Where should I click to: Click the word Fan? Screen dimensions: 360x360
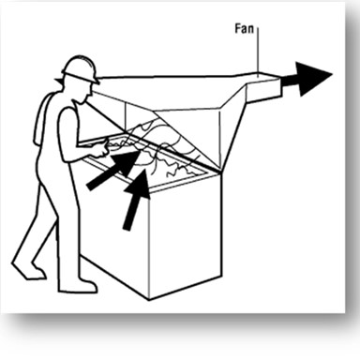tap(244, 29)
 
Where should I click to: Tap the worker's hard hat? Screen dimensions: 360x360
tap(80, 68)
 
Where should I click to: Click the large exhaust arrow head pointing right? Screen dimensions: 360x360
tap(313, 78)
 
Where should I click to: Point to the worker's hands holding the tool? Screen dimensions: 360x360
tap(101, 149)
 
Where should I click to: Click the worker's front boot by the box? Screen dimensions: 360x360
tap(80, 286)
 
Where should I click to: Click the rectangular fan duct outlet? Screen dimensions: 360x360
tap(264, 87)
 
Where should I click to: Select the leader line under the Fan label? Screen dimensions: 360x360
tap(259, 50)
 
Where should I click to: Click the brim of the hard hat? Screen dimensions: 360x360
tap(80, 78)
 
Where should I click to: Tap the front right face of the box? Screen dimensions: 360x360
tap(186, 237)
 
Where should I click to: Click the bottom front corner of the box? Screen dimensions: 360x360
tap(149, 300)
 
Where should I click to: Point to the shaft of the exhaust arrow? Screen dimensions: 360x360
tap(290, 80)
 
